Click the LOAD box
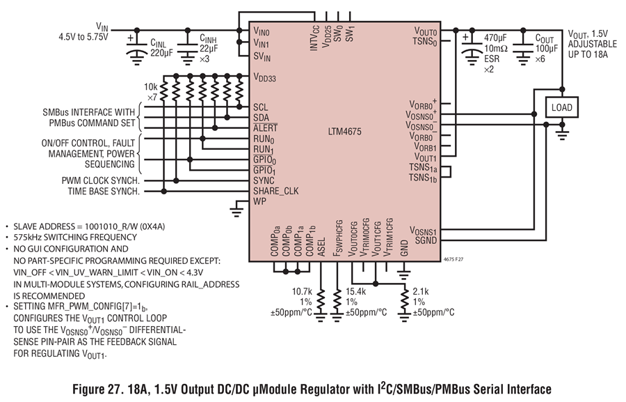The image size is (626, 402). coord(562,107)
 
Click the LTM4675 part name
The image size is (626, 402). coord(344,132)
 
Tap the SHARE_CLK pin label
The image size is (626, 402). coord(276,191)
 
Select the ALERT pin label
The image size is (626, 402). coord(265,128)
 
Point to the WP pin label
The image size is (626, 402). coord(259,201)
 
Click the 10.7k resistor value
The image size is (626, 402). coord(301,292)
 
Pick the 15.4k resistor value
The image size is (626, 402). coord(355,292)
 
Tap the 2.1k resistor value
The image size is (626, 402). coord(421,292)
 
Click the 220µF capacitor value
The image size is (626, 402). coord(161,53)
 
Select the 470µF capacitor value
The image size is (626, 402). coord(495,38)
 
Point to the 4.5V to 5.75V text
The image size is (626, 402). coord(83,37)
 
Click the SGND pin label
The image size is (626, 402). coord(426,240)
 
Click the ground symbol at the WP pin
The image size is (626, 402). coord(236,211)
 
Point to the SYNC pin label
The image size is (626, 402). coord(264,181)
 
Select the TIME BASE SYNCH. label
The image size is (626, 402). coord(104,191)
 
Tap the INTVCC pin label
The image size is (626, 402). coord(315,38)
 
